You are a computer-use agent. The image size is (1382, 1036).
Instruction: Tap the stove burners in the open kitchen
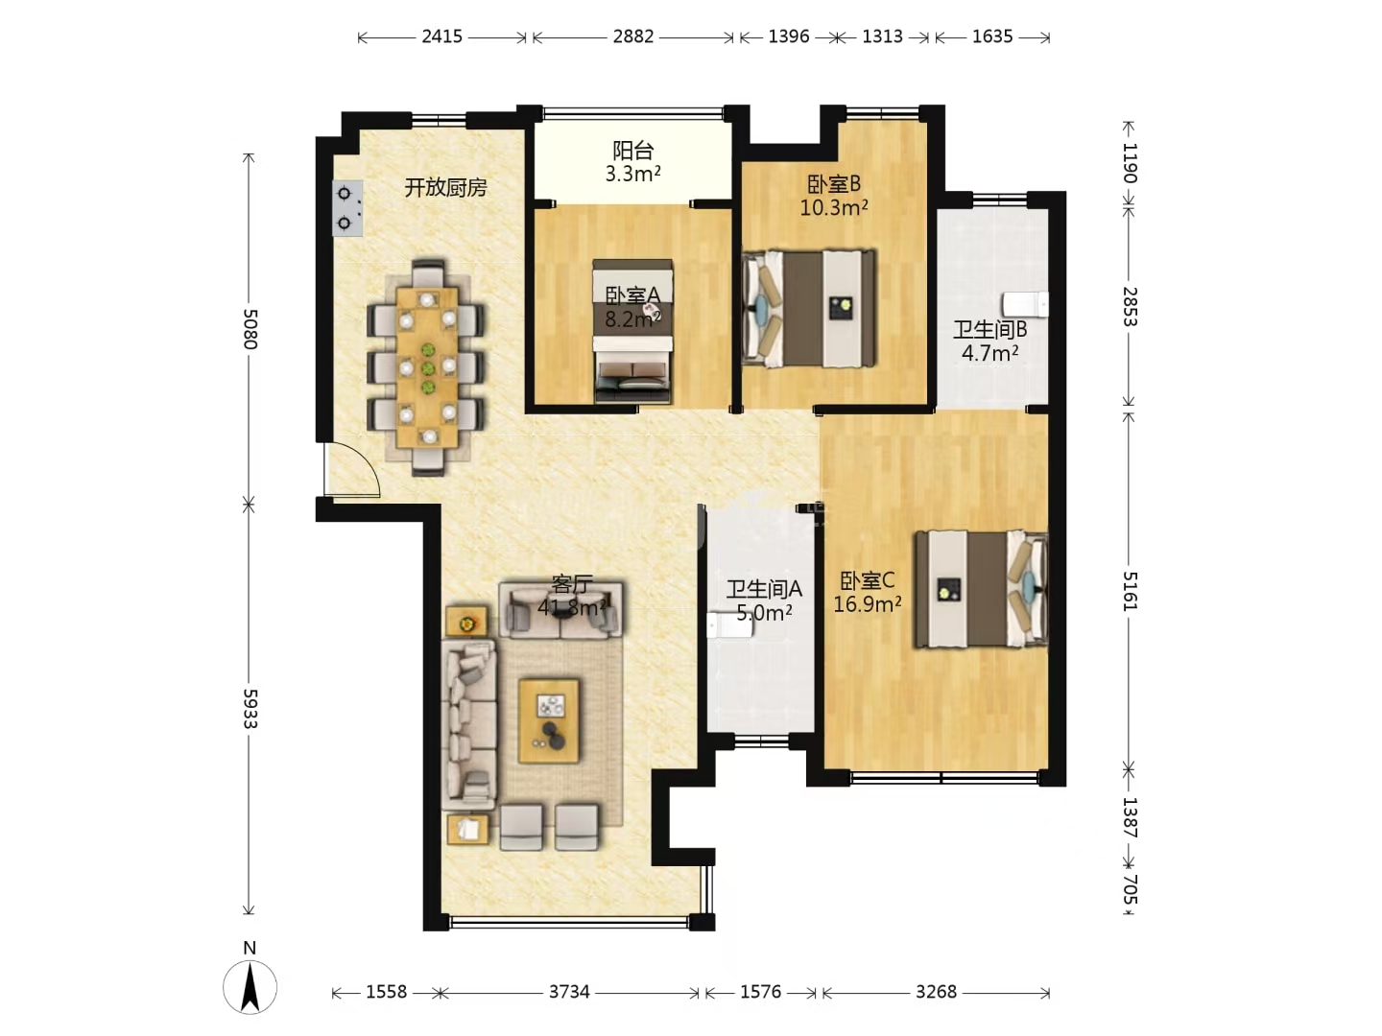347,208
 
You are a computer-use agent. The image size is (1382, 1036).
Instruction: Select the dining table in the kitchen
427,367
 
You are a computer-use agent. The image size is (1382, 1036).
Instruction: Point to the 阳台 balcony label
632,151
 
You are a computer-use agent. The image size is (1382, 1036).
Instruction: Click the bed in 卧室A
632,331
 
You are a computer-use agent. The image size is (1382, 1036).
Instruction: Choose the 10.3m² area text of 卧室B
834,207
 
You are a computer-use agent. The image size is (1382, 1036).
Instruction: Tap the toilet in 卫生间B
1026,304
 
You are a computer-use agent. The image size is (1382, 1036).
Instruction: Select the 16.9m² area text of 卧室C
867,604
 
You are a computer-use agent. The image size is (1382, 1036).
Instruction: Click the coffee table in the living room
549,720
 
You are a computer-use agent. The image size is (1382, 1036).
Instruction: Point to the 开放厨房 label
445,187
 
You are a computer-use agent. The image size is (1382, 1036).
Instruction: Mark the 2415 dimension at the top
442,36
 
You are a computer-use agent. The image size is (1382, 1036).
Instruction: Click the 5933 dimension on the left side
250,709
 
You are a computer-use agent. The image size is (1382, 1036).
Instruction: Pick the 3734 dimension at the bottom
569,992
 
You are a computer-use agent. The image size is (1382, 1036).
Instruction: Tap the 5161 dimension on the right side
1130,591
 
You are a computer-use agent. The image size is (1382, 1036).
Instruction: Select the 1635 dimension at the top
992,36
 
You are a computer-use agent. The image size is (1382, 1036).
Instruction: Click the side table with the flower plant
466,622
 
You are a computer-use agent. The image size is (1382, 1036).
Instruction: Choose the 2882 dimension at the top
633,36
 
